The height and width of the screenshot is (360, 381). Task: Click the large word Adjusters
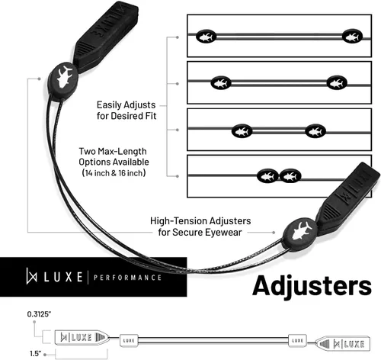point(312,287)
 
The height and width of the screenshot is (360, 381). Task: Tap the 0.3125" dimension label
point(39,314)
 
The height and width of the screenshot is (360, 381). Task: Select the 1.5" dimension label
point(36,353)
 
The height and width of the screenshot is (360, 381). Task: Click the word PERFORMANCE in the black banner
point(127,278)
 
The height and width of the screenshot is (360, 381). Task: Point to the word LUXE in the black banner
point(63,277)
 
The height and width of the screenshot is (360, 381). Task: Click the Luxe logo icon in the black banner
point(31,276)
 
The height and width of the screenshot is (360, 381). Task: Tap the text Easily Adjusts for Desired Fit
point(126,111)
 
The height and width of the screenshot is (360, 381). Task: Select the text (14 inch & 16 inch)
point(114,173)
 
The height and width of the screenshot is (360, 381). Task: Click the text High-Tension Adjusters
point(200,221)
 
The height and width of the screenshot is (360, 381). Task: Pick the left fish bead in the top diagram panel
point(206,37)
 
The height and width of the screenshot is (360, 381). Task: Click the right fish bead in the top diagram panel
point(352,36)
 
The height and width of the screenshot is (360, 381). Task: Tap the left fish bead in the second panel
point(221,83)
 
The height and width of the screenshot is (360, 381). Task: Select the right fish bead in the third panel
point(315,131)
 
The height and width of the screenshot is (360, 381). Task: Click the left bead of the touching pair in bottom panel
point(267,176)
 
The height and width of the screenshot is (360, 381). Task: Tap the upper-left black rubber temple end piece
point(106,36)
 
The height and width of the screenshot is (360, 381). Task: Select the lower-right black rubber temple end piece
point(349,198)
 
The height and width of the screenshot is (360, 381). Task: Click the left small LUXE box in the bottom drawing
point(129,340)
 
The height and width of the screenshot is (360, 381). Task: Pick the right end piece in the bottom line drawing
point(343,344)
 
